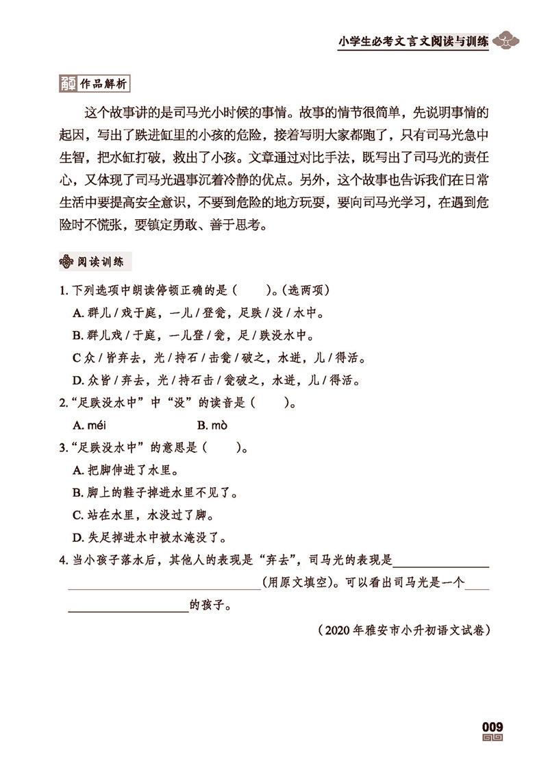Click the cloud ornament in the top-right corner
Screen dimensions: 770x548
pos(508,40)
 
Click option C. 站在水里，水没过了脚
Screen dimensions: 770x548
pos(144,514)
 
